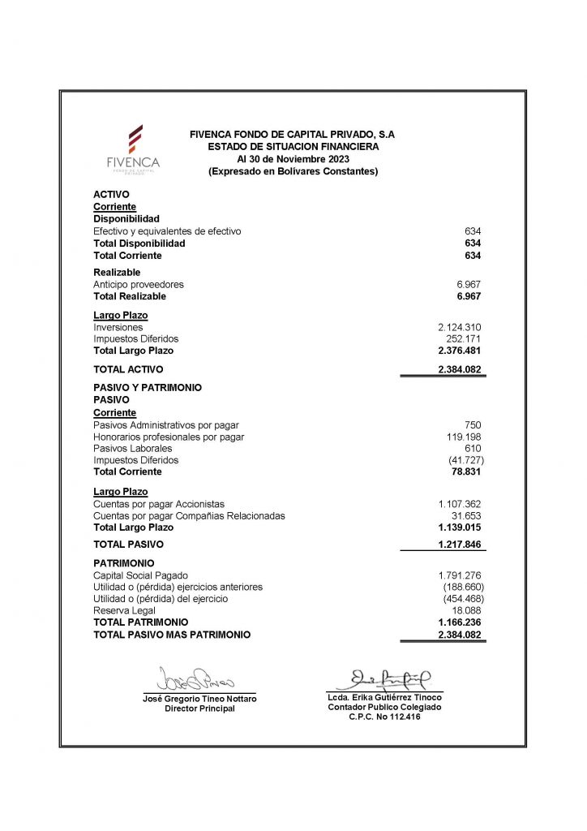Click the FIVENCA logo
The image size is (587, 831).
click(x=134, y=148)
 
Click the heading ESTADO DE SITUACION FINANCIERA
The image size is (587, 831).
click(x=293, y=147)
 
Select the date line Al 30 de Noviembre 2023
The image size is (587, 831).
click(x=293, y=159)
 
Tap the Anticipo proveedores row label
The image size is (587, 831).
click(x=139, y=285)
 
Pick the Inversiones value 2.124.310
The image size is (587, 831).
click(x=460, y=327)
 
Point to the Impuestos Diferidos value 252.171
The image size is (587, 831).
click(x=464, y=338)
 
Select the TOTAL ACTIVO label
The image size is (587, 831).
click(x=128, y=369)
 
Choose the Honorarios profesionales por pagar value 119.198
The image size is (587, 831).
click(x=464, y=437)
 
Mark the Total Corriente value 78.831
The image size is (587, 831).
click(x=466, y=471)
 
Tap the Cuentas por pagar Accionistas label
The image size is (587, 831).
click(x=159, y=504)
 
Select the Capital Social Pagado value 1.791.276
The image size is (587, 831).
click(x=460, y=575)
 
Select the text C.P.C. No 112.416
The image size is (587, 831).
click(x=385, y=717)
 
